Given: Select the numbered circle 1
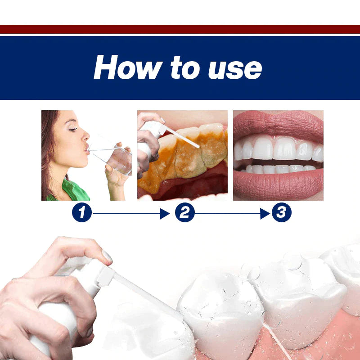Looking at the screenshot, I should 81,213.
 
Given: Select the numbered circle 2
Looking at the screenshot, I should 184,213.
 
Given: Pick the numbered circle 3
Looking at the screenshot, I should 281,213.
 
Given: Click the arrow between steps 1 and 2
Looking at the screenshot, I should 130,213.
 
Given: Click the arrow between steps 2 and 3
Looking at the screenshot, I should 232,213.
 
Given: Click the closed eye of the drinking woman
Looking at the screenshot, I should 72,129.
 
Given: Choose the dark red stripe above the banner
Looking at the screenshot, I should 180,29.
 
